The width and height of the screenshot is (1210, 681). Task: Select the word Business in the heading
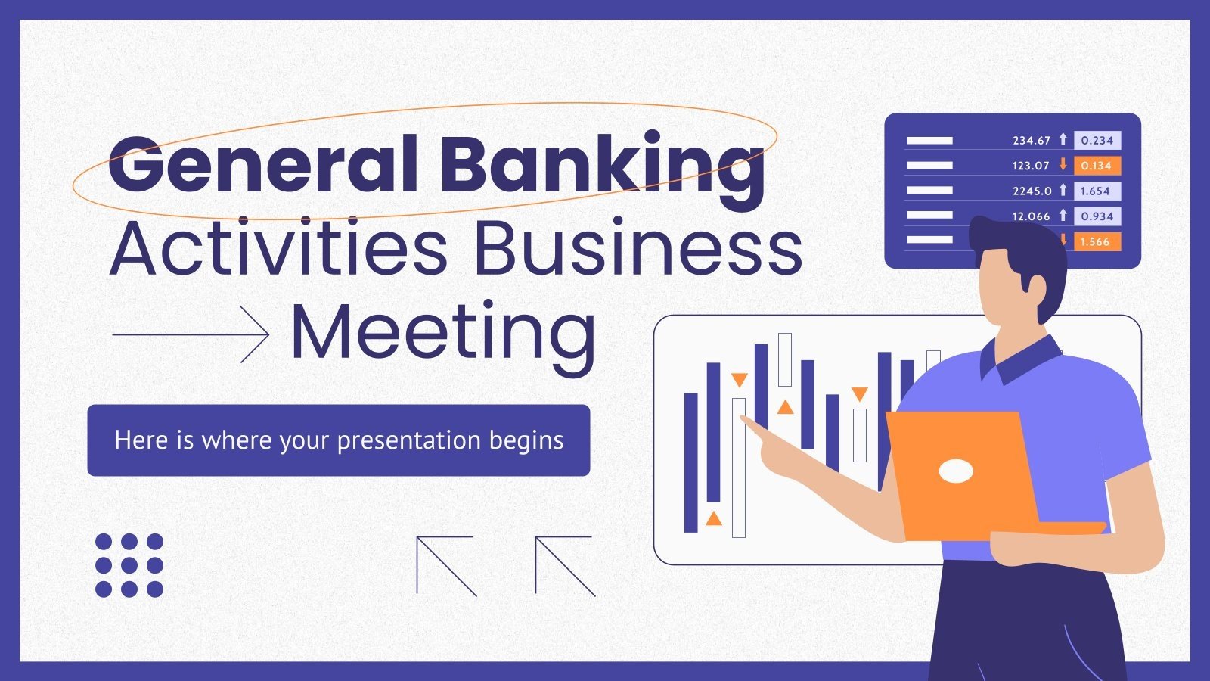(638, 248)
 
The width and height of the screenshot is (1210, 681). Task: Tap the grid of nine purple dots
(129, 565)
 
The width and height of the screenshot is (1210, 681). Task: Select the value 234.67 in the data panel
(1032, 141)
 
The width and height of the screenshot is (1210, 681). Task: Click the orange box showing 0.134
(1096, 166)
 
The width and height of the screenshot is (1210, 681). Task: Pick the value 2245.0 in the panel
(1032, 191)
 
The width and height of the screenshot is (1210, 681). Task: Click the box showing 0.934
(1096, 216)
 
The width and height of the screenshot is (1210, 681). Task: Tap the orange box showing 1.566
(1094, 242)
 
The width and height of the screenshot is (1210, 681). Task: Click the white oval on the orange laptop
(956, 471)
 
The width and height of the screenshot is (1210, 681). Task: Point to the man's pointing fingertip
(744, 418)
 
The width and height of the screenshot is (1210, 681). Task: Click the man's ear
(1037, 285)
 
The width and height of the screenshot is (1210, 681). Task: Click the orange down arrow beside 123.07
(1063, 165)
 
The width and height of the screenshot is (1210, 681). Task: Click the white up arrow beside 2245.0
(1063, 190)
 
